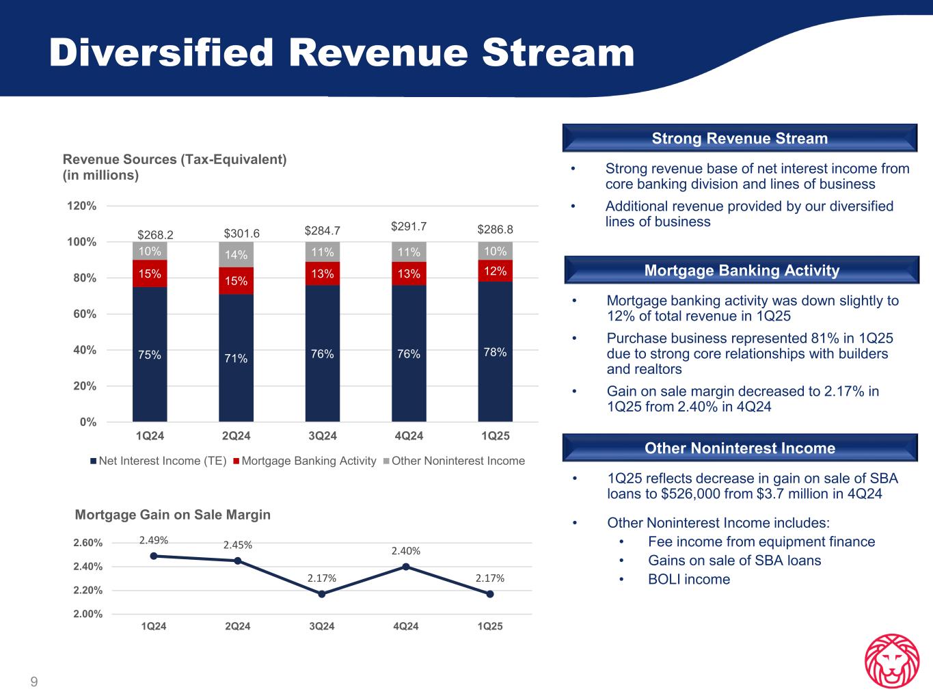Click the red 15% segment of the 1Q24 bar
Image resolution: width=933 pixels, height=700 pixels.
coord(150,273)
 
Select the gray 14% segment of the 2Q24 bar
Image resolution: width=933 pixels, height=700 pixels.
coord(236,254)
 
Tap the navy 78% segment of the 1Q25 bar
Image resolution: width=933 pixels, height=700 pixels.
coord(495,351)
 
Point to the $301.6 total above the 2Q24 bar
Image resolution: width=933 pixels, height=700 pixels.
coord(236,234)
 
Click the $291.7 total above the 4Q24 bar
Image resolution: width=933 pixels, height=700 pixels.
coord(409,225)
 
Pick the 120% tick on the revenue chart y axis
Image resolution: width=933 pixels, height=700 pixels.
coord(85,206)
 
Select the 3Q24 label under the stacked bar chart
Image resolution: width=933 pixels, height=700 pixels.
coord(323,435)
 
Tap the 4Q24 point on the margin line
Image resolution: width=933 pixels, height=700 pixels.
coord(406,567)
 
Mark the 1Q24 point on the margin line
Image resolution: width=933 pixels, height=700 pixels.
coord(154,556)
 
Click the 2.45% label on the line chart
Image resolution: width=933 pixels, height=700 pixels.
coord(237,545)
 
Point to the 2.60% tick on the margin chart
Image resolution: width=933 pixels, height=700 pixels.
coord(88,543)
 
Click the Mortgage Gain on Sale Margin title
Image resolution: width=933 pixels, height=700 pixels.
coord(172,515)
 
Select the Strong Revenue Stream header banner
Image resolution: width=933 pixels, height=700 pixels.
coord(740,138)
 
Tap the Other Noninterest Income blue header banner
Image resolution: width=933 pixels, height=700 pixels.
coord(740,448)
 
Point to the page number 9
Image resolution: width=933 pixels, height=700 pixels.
coord(34,682)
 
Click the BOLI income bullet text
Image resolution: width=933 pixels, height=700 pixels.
coord(689,580)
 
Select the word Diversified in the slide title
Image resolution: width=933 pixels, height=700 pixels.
coord(161,53)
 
